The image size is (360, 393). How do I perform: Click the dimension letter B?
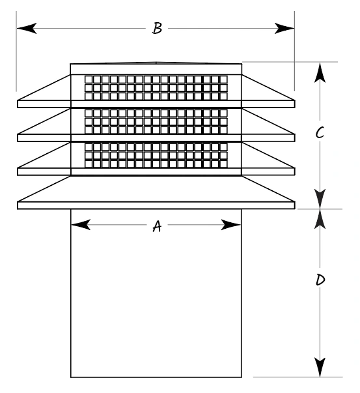click(x=158, y=28)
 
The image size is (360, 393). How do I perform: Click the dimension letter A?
click(x=157, y=226)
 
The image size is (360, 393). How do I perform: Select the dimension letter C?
click(x=320, y=133)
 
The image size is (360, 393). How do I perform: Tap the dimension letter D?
click(x=320, y=280)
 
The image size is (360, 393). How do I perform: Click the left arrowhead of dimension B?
click(x=27, y=28)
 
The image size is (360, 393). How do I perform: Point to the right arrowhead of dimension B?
click(x=284, y=28)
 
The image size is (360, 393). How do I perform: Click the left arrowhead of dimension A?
click(x=81, y=225)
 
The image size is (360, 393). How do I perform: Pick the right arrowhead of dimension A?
click(x=231, y=225)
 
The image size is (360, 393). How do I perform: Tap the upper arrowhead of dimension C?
click(x=320, y=72)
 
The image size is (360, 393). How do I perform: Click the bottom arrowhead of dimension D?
click(x=320, y=367)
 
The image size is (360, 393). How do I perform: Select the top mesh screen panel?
click(x=156, y=88)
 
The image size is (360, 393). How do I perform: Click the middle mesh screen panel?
click(x=156, y=122)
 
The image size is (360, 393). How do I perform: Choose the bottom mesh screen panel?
click(x=156, y=155)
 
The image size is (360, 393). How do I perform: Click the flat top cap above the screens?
click(x=156, y=69)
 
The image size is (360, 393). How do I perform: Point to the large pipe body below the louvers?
click(x=156, y=293)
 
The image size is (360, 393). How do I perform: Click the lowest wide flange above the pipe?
click(x=156, y=205)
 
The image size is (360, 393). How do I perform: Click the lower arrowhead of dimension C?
click(x=320, y=199)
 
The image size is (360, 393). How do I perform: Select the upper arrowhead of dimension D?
click(x=320, y=219)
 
